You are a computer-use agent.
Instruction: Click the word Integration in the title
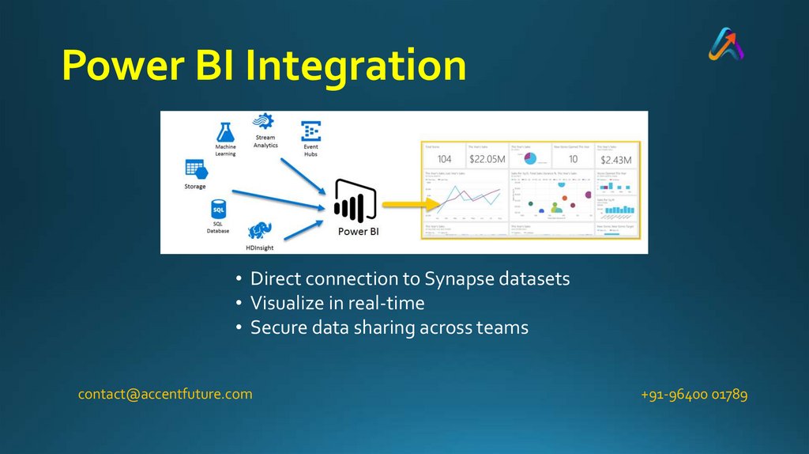pyautogui.click(x=355, y=66)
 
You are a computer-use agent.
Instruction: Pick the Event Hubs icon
pyautogui.click(x=310, y=131)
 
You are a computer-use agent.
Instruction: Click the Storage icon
pyautogui.click(x=194, y=169)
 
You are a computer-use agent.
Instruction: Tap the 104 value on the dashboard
pyautogui.click(x=444, y=159)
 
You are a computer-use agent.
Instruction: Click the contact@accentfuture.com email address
pyautogui.click(x=165, y=394)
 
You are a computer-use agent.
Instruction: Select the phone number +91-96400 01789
pyautogui.click(x=694, y=394)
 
